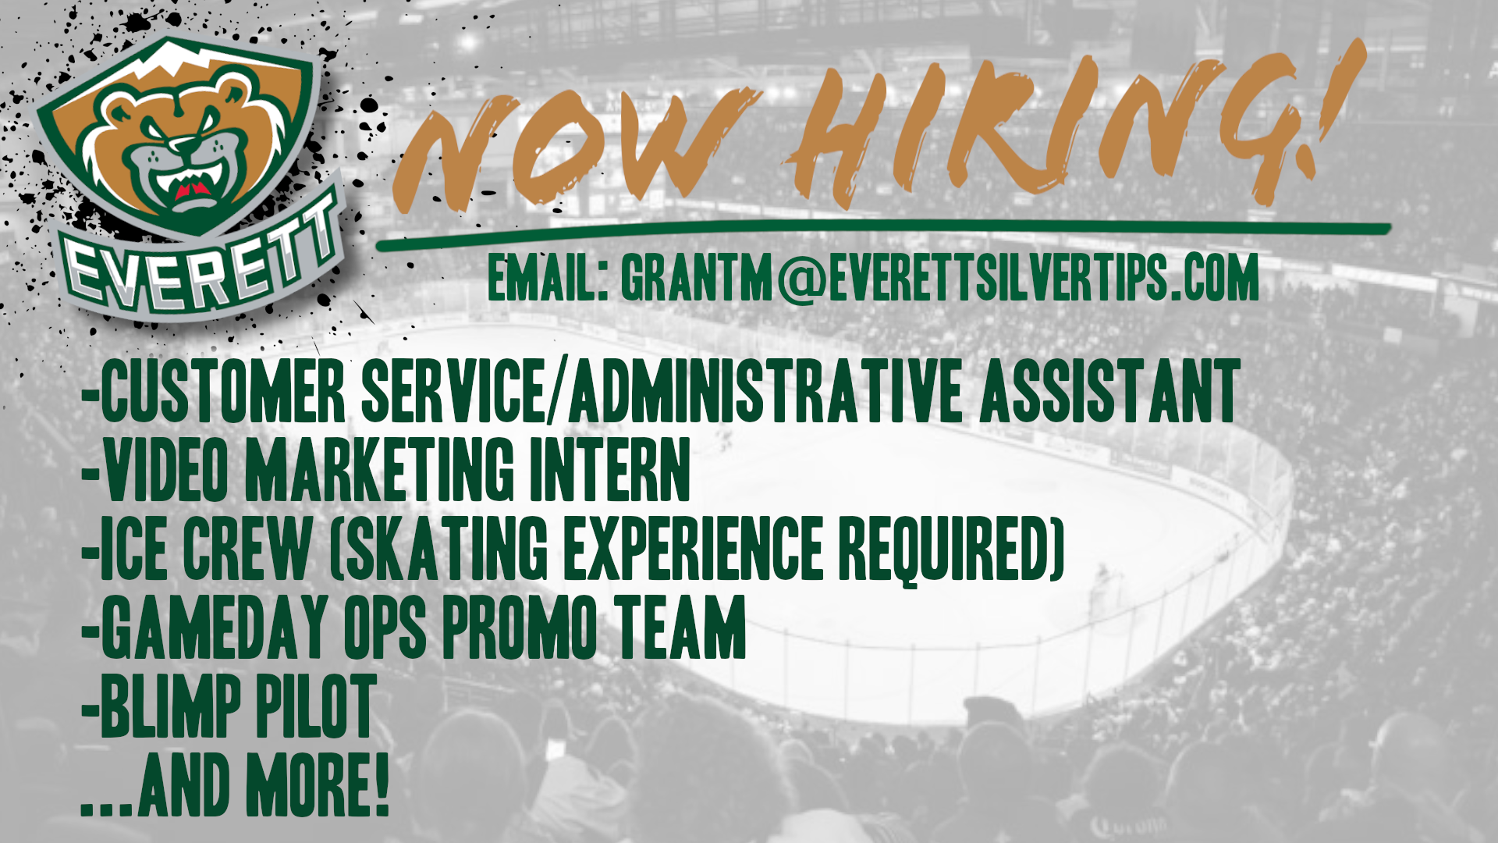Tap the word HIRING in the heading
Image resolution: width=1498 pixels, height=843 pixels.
tap(1022, 133)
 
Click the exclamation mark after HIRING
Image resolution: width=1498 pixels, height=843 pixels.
tap(1330, 105)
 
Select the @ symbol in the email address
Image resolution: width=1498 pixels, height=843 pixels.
tap(800, 277)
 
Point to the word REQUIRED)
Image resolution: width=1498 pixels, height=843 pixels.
tap(952, 548)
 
